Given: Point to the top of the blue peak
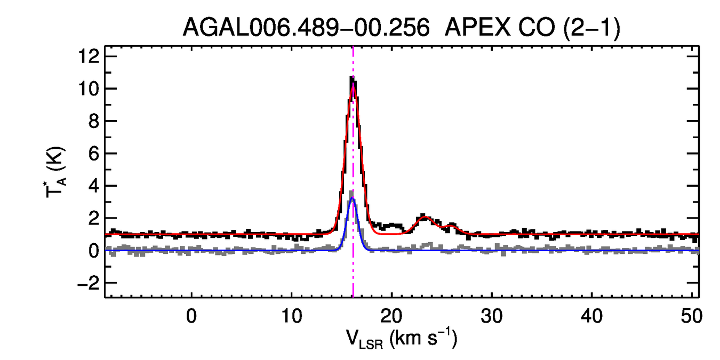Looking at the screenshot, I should [353, 198].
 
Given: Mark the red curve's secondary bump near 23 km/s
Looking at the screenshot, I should [425, 217].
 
